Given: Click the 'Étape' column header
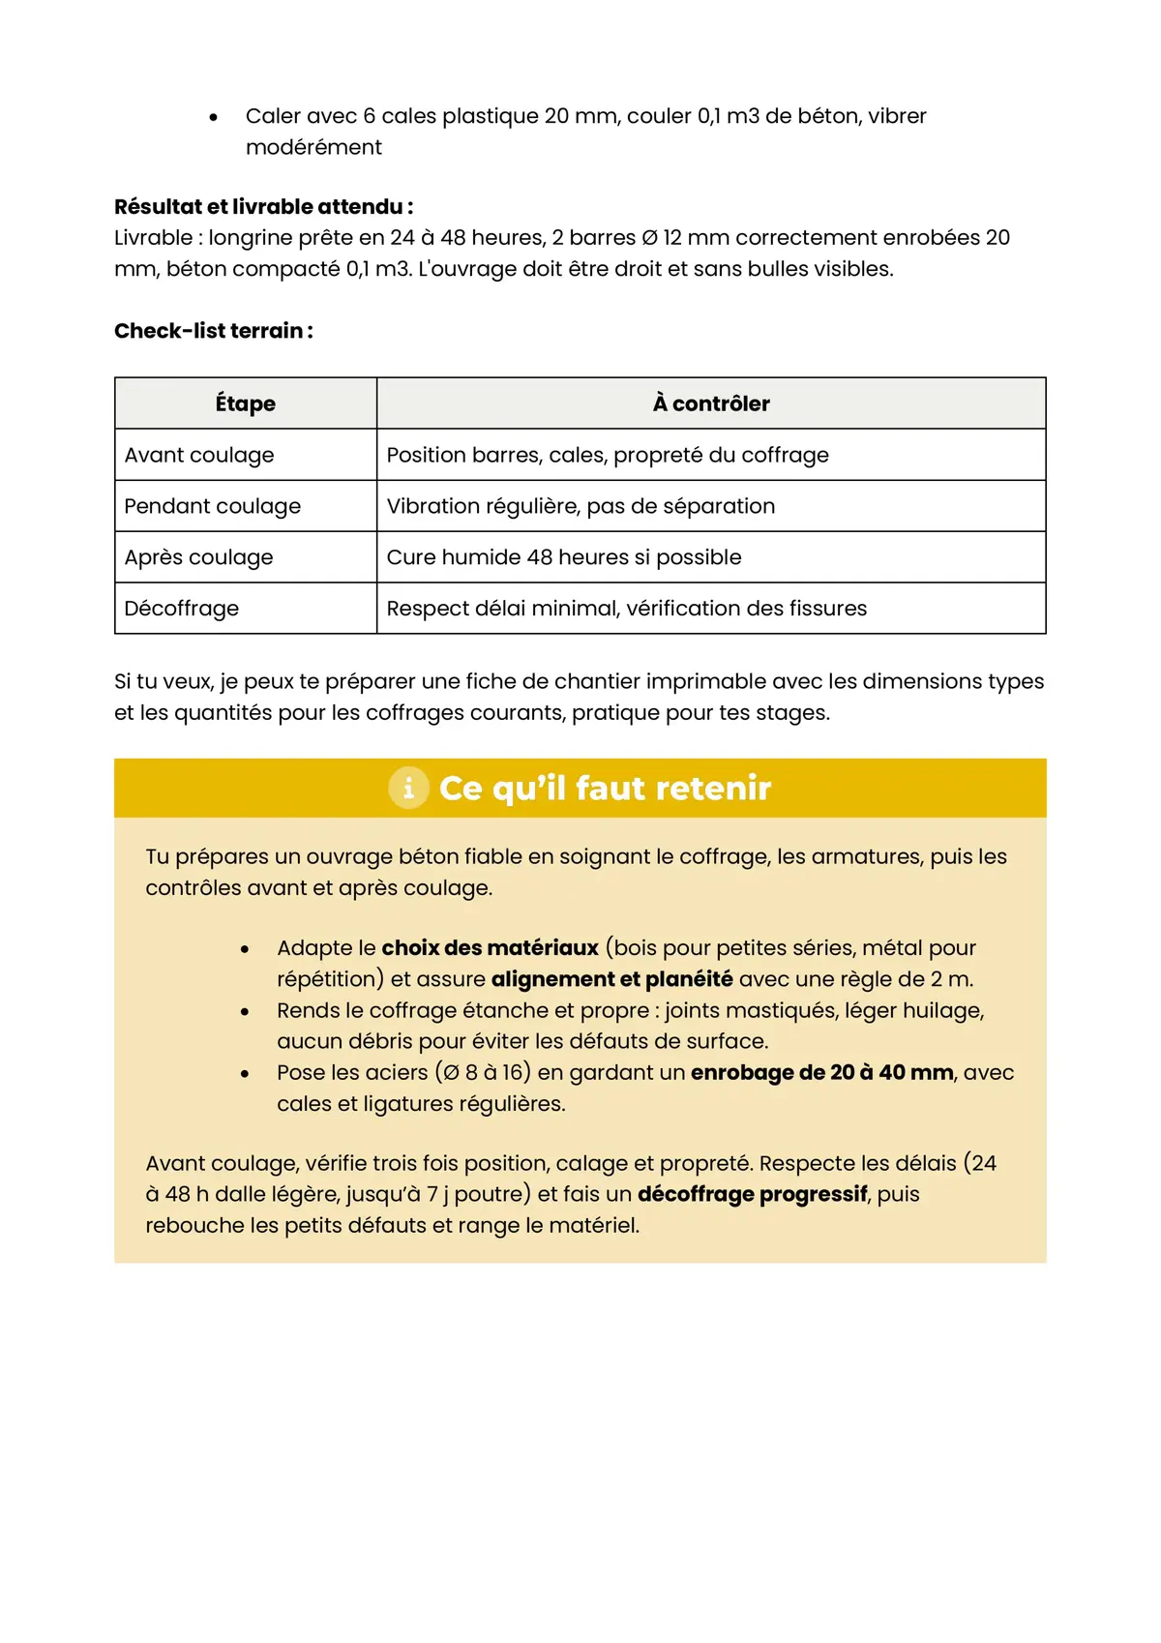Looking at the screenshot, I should coord(245,403).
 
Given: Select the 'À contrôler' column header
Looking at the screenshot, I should coord(711,403).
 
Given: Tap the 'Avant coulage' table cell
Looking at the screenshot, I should coord(199,455).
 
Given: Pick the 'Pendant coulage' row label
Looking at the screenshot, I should coord(213,506).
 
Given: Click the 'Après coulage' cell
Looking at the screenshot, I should coord(199,557).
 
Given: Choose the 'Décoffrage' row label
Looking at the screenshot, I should coord(182,609).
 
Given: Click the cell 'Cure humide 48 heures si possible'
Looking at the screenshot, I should coord(564,557).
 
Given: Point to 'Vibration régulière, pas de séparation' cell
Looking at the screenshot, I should coord(580,506).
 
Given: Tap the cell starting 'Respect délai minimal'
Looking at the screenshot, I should coord(626,609).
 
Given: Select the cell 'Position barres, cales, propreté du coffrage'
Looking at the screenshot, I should coord(608,455).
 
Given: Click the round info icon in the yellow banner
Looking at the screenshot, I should coord(408,788).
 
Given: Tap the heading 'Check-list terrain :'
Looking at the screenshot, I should coord(214,331).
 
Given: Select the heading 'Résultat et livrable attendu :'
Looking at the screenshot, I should coord(263,206).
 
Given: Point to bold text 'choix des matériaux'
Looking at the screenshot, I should coord(490,948).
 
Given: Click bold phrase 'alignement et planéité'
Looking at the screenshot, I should coord(611,979).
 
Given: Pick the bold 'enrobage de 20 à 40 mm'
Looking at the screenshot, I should coord(821,1072).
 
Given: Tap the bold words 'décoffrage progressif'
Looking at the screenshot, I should coord(752,1194).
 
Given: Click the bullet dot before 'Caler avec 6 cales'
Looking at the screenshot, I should coord(214,118).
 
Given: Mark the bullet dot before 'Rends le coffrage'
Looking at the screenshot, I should coord(245,1012).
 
